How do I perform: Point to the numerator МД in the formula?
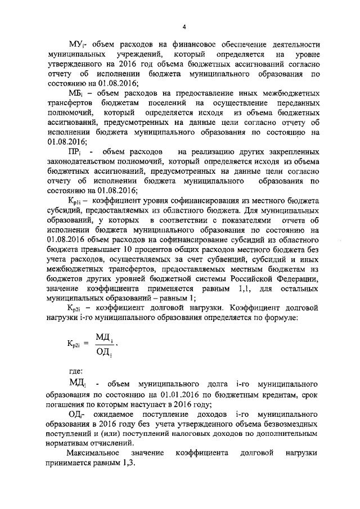[x=105, y=336]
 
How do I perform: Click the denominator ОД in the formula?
[x=104, y=352]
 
